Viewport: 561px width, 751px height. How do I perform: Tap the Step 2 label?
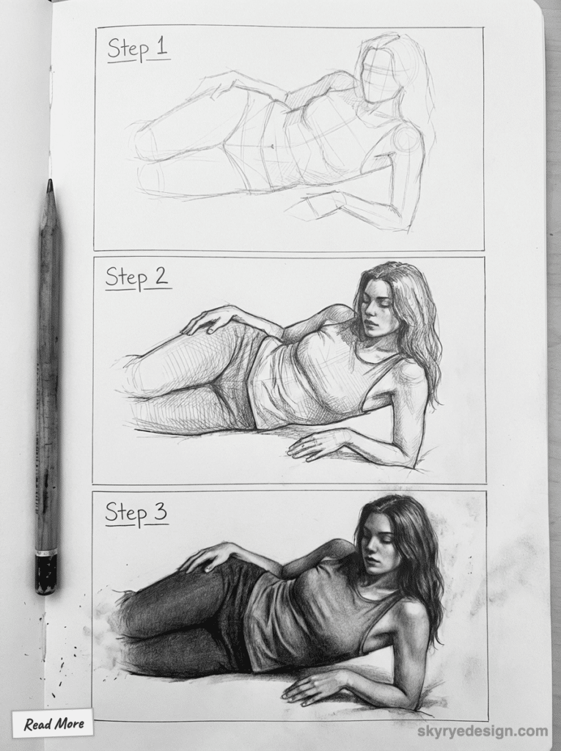[x=136, y=278]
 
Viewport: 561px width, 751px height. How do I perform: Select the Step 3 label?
[x=136, y=513]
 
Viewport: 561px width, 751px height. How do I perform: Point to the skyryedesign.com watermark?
[x=481, y=731]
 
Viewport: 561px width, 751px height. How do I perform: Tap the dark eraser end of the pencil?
[x=45, y=574]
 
